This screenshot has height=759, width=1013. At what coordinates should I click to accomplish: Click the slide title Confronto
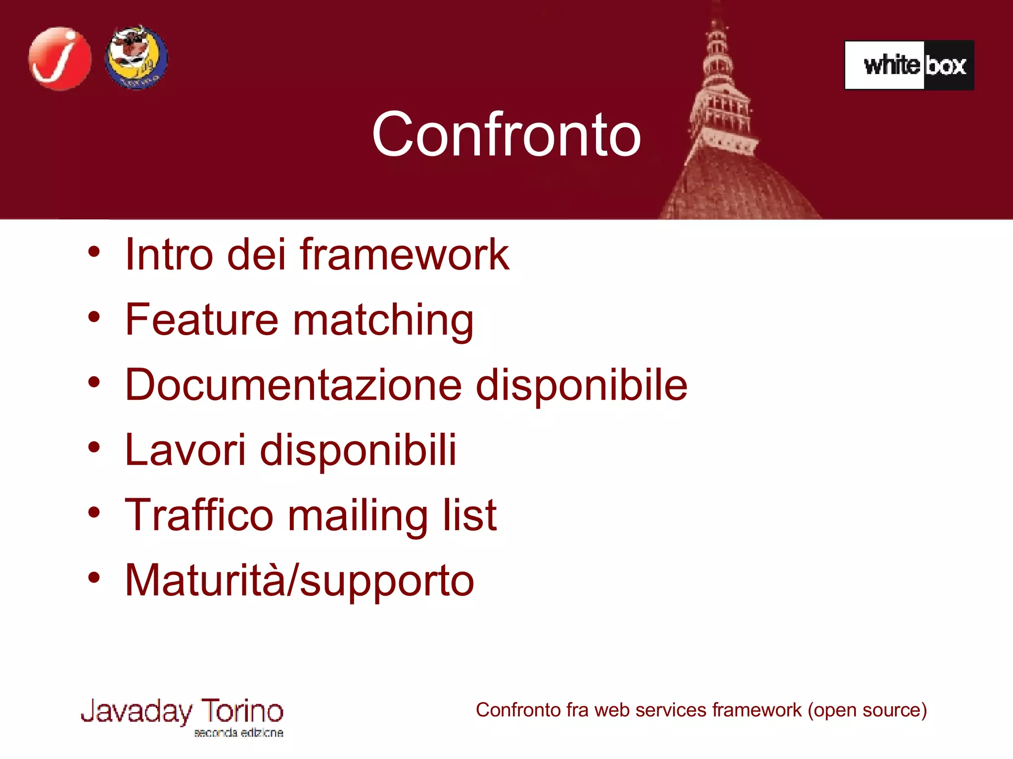coord(506,134)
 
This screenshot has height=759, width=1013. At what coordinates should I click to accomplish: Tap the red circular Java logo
coord(60,58)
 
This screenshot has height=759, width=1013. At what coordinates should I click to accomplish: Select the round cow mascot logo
coord(137,57)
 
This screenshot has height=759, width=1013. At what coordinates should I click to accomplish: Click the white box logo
coord(909,65)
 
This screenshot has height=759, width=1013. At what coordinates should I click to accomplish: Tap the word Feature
coord(202,320)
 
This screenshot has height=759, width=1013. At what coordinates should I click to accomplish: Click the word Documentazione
coord(293,385)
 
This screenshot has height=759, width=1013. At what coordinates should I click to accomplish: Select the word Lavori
coord(185,450)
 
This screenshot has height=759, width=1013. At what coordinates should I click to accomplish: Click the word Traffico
coord(199,515)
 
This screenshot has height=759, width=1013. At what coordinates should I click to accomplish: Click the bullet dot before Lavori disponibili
coord(94,448)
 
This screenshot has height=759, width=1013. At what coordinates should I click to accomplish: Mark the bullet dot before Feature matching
coord(94,317)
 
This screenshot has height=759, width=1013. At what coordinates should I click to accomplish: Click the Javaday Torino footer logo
coord(182,713)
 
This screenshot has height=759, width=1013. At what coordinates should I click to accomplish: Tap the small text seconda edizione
coord(238,733)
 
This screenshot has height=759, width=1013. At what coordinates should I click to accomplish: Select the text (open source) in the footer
coord(867,711)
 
